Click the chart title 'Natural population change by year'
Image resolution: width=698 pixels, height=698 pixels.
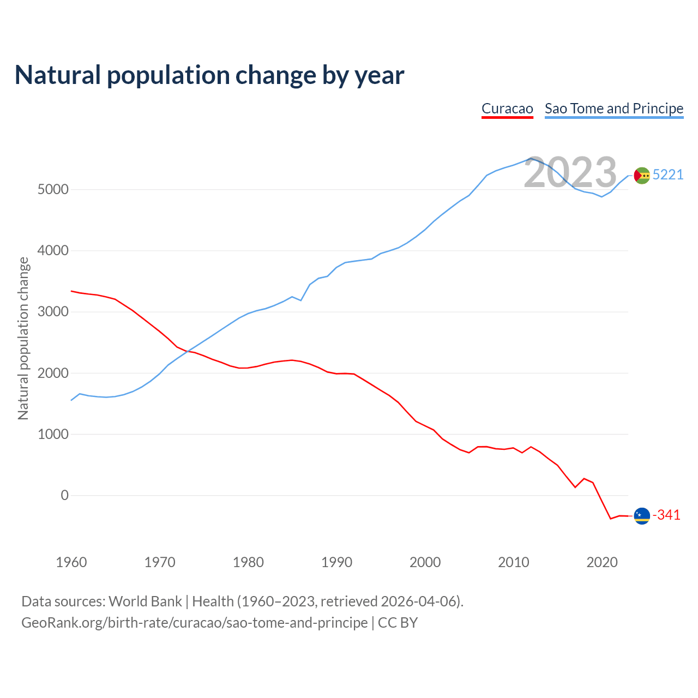(209, 75)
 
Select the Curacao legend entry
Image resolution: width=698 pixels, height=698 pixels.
(507, 109)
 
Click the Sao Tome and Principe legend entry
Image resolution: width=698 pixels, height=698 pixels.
(614, 109)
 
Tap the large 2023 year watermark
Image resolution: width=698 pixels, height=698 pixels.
(570, 172)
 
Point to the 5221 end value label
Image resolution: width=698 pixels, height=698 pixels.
(667, 174)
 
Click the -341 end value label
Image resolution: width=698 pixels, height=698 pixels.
(666, 515)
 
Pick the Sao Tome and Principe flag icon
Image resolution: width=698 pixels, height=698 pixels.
(642, 175)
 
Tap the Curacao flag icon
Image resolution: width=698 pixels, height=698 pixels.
(642, 515)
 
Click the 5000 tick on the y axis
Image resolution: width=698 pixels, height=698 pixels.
(53, 189)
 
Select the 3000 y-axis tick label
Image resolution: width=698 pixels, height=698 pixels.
(53, 312)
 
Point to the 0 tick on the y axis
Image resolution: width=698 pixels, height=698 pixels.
(65, 495)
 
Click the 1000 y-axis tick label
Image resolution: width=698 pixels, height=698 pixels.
(53, 434)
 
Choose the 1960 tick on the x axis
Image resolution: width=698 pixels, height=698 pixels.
(71, 562)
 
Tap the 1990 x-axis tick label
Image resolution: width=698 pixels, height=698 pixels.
(336, 562)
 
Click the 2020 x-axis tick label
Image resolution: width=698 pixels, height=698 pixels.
(601, 562)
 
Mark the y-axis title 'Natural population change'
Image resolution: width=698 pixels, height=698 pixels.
(23, 338)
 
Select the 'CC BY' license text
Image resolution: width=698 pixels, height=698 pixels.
(398, 623)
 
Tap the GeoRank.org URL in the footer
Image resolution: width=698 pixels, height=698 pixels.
(194, 623)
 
